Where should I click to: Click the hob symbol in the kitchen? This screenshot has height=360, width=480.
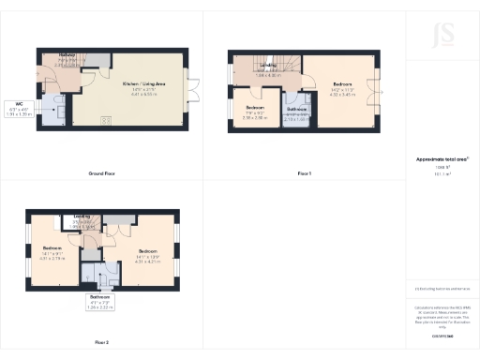(106, 118)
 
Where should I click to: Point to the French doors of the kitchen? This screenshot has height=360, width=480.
(187, 88)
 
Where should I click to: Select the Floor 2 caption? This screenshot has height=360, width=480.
(101, 342)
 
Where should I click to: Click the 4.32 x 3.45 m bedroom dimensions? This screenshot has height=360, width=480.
(341, 95)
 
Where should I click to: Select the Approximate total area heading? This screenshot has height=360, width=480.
(442, 159)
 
